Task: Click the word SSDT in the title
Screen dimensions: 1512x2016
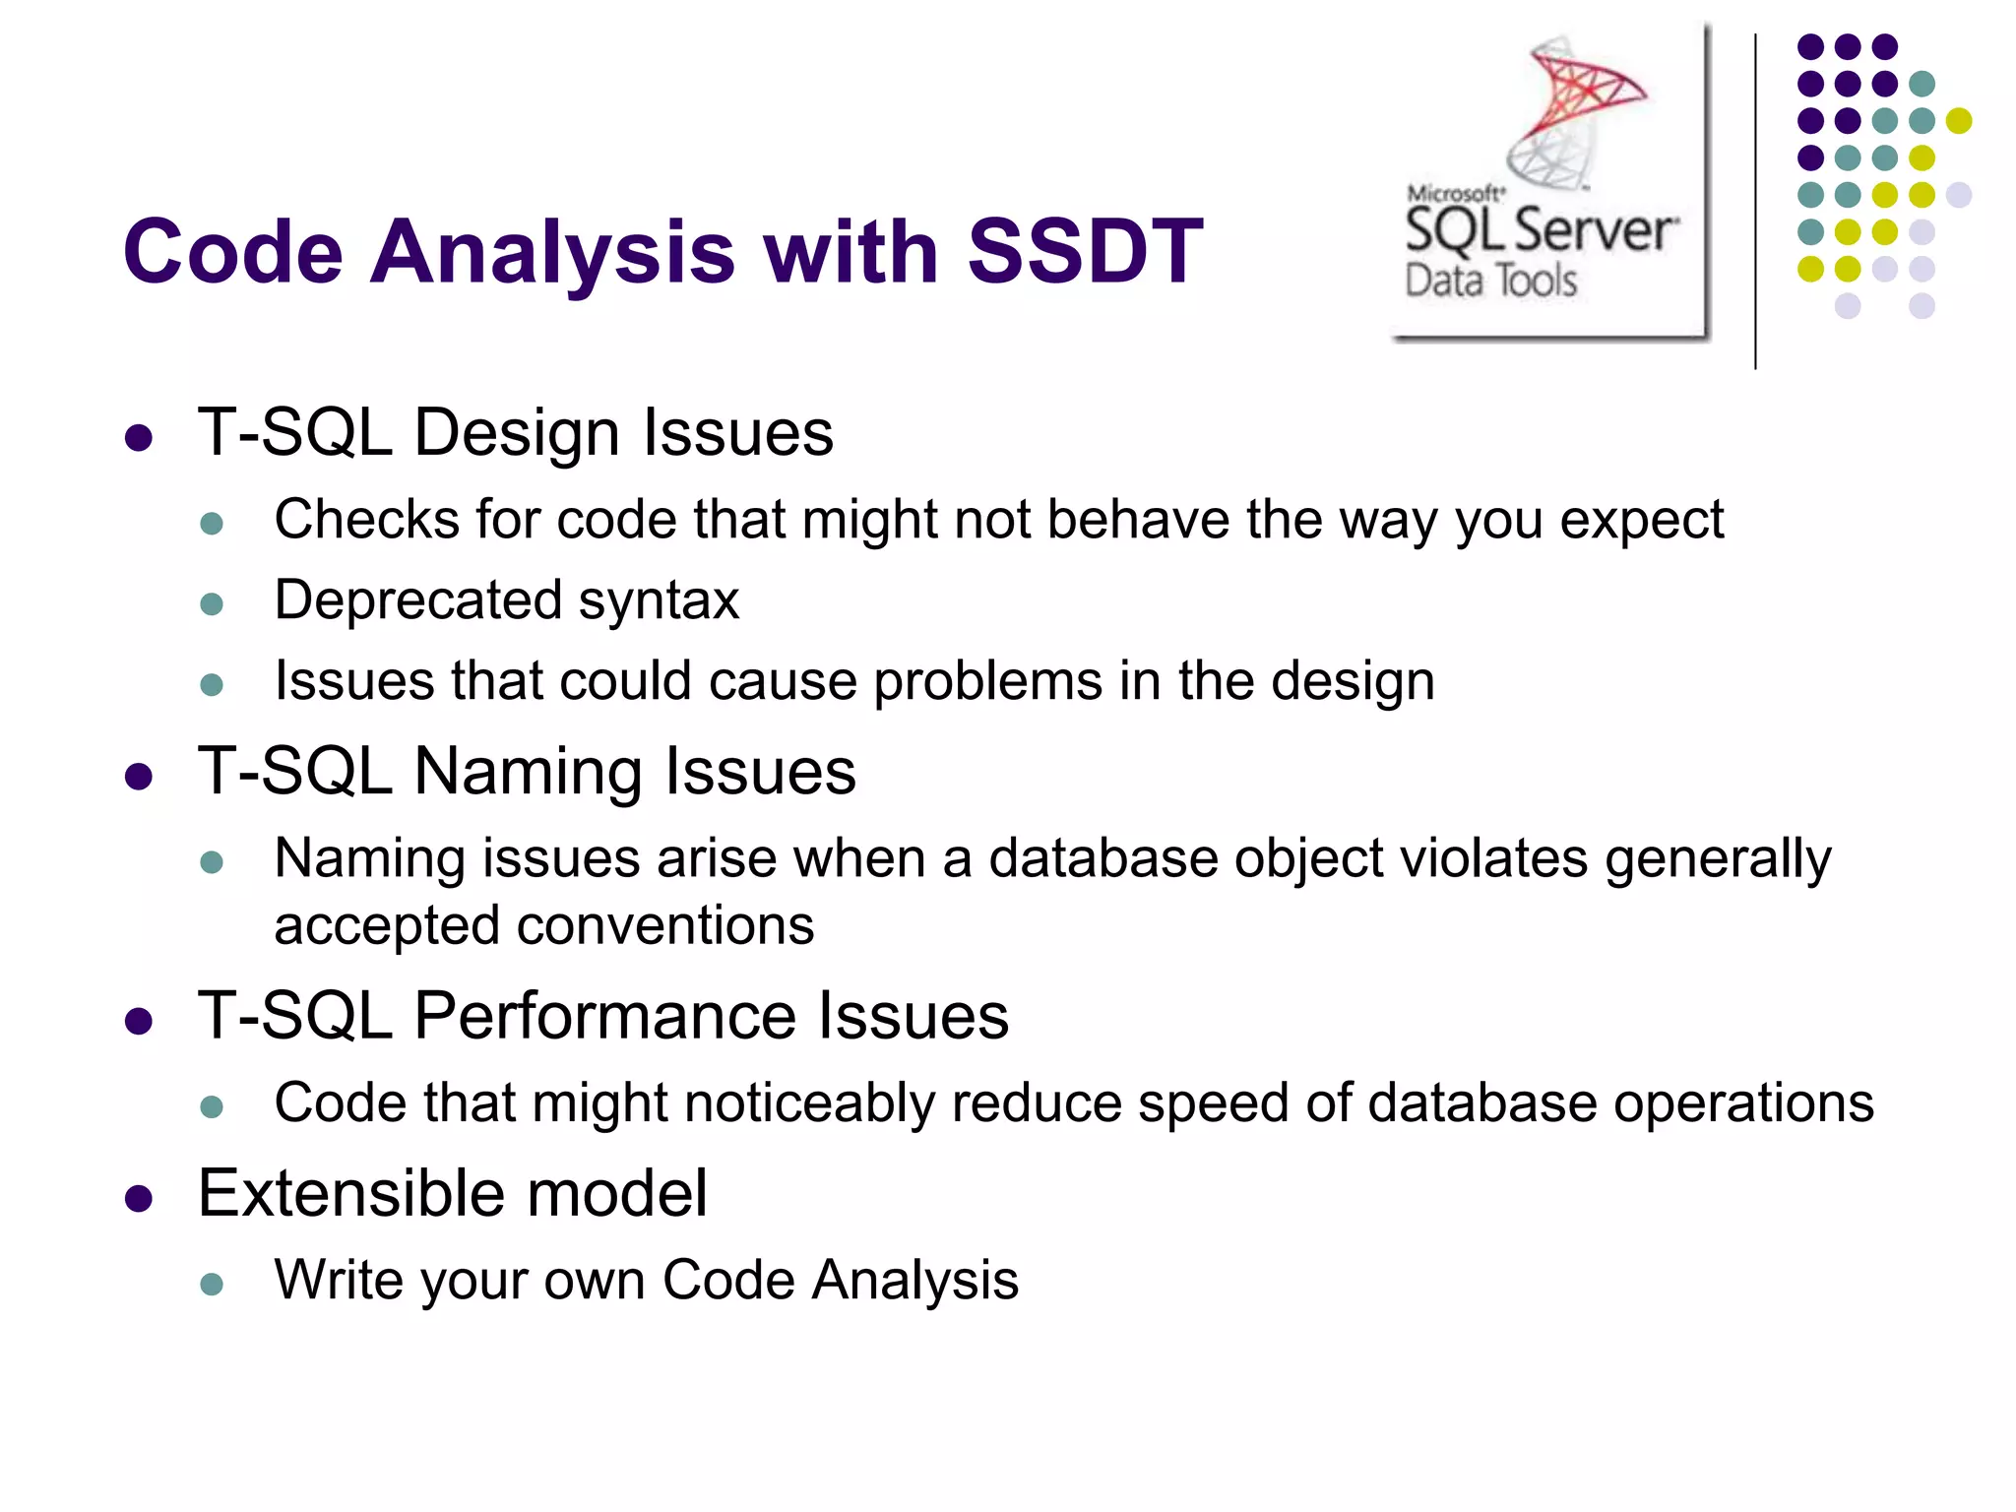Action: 1085,252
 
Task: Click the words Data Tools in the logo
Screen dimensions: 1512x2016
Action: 1490,282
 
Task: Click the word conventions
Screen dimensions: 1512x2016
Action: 664,926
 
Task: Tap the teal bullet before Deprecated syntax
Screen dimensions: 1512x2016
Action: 212,603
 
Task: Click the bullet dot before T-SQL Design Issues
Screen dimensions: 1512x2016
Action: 139,438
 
